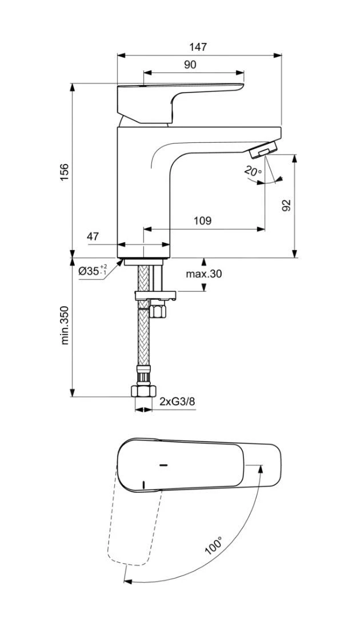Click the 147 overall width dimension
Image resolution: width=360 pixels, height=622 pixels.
pos(199,47)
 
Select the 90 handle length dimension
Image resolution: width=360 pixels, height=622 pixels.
pos(190,65)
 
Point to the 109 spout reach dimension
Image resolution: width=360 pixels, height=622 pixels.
pos(202,220)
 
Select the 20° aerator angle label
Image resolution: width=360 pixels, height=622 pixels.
pos(252,171)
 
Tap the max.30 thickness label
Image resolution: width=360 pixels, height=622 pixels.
pos(203,274)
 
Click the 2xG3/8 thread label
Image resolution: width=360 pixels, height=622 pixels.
pos(177,402)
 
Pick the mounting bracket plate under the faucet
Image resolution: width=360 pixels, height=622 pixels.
pos(154,295)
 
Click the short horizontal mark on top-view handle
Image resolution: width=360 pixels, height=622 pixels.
pos(163,466)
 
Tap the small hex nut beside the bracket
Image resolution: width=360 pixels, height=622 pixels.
pos(158,312)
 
